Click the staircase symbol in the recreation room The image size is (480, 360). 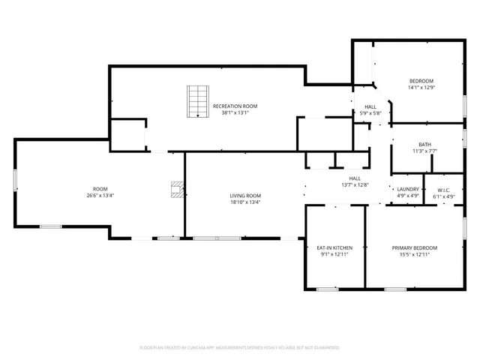(196, 102)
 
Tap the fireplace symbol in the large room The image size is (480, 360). (177, 189)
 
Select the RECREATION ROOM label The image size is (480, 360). (235, 106)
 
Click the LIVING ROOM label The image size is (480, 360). (245, 196)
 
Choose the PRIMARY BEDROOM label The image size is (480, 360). (415, 247)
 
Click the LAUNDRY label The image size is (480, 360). (408, 190)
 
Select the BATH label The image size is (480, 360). (424, 145)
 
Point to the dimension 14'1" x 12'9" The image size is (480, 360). (421, 88)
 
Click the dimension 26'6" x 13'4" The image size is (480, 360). (100, 196)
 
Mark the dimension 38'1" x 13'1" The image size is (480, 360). (235, 113)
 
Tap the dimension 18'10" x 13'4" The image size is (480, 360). (245, 202)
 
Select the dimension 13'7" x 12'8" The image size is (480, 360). (355, 184)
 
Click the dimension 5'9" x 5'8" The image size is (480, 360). (370, 113)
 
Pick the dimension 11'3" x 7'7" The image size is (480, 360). (424, 151)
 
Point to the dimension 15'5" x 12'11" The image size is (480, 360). (415, 254)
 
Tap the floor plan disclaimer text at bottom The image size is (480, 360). (239, 347)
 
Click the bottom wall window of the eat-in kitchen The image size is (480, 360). (327, 289)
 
